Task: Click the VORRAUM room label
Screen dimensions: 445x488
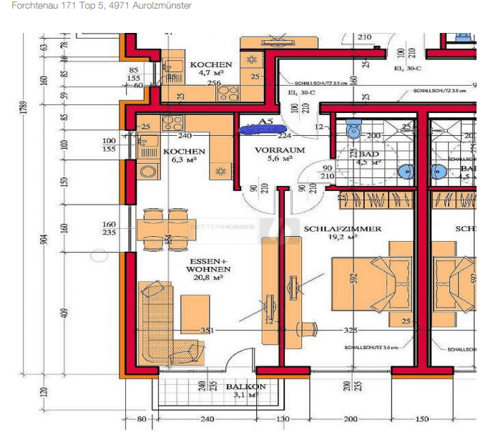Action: tap(280, 150)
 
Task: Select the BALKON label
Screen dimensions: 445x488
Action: tap(245, 386)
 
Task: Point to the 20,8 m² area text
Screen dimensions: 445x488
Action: tap(208, 279)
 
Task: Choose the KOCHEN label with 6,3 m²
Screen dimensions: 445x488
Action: tap(184, 152)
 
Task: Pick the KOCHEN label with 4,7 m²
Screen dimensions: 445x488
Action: tap(210, 64)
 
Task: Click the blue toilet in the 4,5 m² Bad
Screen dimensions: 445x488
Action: tap(352, 131)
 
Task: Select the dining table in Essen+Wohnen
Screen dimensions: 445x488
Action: tap(167, 230)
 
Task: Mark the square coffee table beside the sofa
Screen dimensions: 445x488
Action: tap(195, 313)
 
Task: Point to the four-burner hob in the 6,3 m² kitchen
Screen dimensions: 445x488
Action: tap(172, 122)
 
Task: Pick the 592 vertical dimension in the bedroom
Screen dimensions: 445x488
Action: tap(353, 277)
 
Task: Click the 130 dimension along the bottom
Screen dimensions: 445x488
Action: tap(283, 419)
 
